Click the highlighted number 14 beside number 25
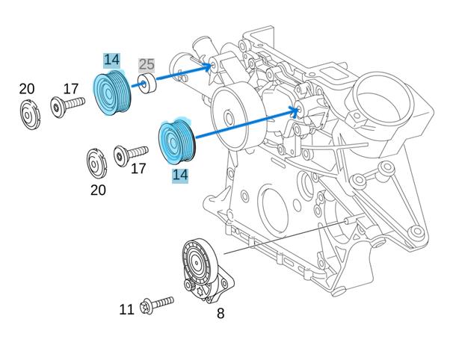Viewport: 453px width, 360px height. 111,60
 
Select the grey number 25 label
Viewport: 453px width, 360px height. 147,65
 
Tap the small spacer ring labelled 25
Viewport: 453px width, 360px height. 146,84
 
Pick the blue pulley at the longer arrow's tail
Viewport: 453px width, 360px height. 177,140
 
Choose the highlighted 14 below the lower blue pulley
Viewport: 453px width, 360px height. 179,175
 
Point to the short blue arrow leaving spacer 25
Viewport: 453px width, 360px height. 183,72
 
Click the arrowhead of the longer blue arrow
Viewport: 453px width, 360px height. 295,112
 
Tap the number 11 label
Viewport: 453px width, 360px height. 126,309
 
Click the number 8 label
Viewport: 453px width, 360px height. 220,314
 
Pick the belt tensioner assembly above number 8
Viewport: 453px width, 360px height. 202,269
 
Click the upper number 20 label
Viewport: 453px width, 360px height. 27,89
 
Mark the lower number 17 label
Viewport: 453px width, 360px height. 138,169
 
